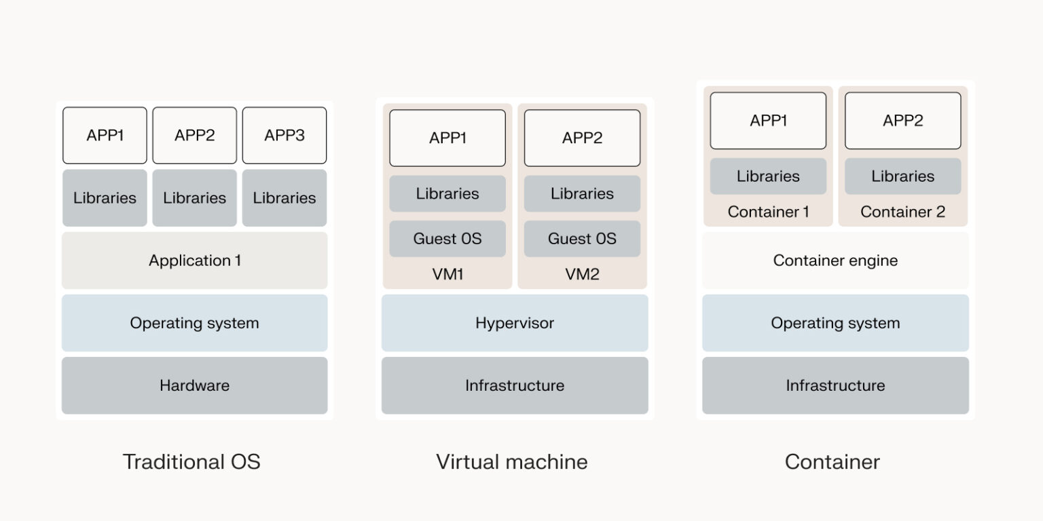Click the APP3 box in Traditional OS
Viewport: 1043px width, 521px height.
pyautogui.click(x=284, y=136)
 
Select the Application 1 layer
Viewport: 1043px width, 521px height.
pyautogui.click(x=194, y=260)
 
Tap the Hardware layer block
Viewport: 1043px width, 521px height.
pyautogui.click(x=194, y=385)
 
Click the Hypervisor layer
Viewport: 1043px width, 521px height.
pyautogui.click(x=514, y=323)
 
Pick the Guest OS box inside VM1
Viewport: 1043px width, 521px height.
pyautogui.click(x=447, y=239)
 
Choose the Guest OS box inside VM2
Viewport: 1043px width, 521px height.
pyautogui.click(x=582, y=239)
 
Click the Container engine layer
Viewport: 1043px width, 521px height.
pyautogui.click(x=835, y=260)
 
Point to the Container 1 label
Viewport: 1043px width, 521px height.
pyautogui.click(x=768, y=212)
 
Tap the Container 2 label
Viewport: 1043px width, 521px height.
pyautogui.click(x=902, y=212)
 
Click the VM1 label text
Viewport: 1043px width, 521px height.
pyautogui.click(x=447, y=275)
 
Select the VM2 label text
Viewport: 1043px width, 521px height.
pyautogui.click(x=582, y=275)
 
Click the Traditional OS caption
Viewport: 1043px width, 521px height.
pyautogui.click(x=191, y=462)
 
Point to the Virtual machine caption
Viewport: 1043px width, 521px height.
pyautogui.click(x=511, y=462)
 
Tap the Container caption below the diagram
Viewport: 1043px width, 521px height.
pyautogui.click(x=832, y=462)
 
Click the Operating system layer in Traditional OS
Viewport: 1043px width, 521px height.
pyautogui.click(x=194, y=323)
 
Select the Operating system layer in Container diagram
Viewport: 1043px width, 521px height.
pyautogui.click(x=835, y=323)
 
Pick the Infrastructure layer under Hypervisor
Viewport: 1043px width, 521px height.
pyautogui.click(x=514, y=385)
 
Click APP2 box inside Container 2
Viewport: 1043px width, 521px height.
pyautogui.click(x=902, y=121)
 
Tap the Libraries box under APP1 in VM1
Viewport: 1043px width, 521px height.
pyautogui.click(x=447, y=193)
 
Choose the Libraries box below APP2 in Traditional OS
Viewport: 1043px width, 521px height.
pyautogui.click(x=194, y=198)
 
